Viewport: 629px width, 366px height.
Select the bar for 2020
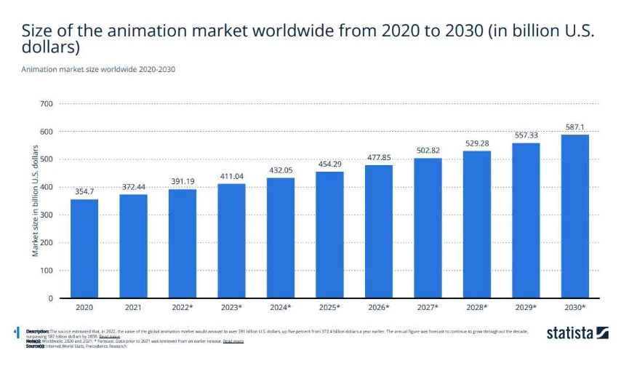tap(84, 248)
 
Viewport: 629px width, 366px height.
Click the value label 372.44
tap(133, 187)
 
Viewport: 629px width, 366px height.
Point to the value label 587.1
tap(575, 127)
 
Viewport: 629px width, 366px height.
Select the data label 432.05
tap(281, 170)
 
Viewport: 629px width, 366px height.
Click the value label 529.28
tap(477, 143)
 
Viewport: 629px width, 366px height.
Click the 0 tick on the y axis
tap(49, 298)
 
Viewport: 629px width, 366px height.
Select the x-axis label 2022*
tap(183, 309)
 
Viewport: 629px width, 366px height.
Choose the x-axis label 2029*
tap(526, 309)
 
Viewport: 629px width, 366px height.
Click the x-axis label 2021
tap(133, 309)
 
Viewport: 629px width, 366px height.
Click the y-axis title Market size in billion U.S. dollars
tap(35, 200)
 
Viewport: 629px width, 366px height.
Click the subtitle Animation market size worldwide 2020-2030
tap(98, 70)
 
